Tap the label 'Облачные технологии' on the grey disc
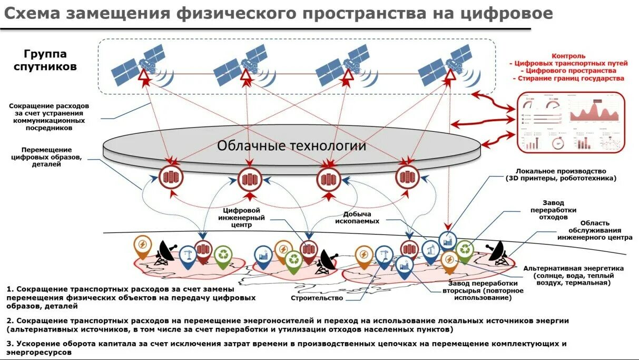[291, 145]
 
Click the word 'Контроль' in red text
[568, 56]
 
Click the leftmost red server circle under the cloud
[170, 178]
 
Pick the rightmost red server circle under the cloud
[407, 178]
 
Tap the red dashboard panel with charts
[571, 122]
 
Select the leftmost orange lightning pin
[142, 246]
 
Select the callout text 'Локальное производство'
[561, 171]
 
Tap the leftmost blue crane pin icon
[188, 256]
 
